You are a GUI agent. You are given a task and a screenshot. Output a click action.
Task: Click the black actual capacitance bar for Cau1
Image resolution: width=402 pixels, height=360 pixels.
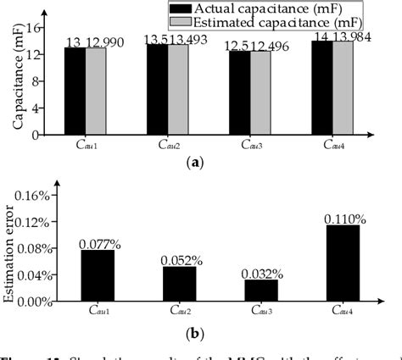pos(75,91)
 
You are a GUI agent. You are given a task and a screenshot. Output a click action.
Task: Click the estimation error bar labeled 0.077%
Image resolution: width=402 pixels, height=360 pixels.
pos(97,276)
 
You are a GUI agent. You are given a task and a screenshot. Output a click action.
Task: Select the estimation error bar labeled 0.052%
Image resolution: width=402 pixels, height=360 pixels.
pos(179,285)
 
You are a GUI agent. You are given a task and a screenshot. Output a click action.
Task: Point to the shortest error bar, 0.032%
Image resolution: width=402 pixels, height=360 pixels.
pos(260,291)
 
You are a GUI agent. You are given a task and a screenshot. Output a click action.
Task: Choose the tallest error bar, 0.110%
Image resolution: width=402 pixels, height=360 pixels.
pos(343,263)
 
